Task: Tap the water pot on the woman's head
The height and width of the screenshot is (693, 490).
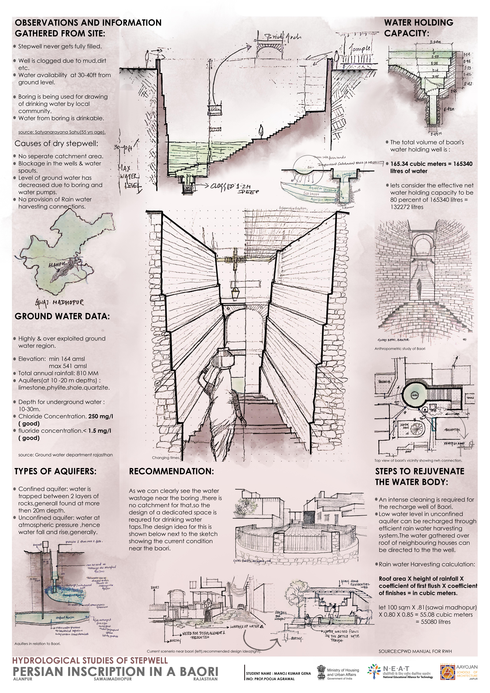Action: [x=224, y=353]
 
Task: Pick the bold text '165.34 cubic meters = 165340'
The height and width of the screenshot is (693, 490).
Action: [x=431, y=164]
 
